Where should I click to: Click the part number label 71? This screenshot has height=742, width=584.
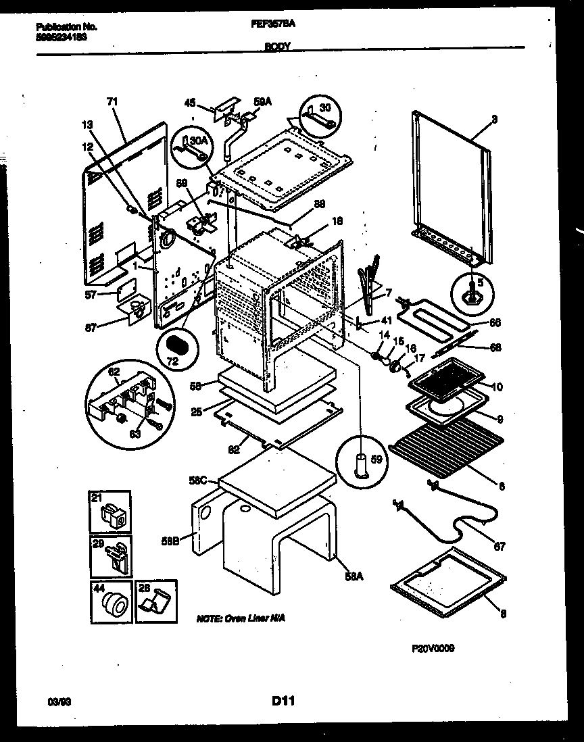(x=112, y=102)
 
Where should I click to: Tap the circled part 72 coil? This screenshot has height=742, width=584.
(x=178, y=345)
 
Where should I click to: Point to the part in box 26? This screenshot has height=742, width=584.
(x=157, y=603)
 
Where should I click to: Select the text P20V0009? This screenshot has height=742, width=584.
(x=433, y=648)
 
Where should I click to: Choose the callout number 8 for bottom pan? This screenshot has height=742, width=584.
(x=504, y=614)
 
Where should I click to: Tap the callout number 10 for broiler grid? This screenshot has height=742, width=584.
(x=497, y=387)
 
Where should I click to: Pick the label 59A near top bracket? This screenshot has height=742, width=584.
(x=262, y=102)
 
